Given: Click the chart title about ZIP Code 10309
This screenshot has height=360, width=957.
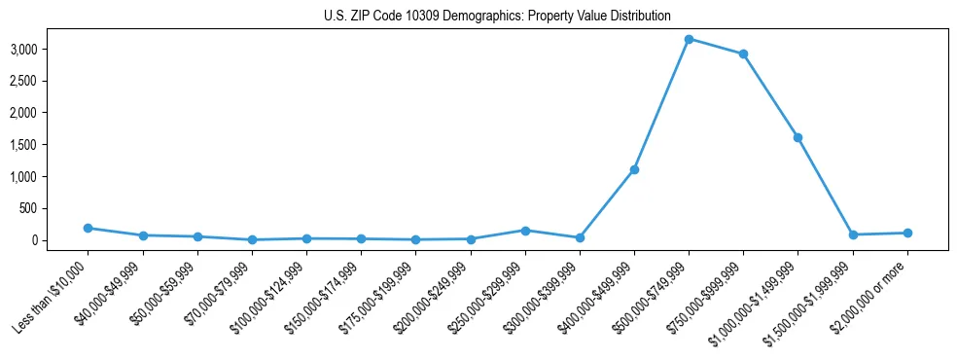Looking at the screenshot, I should pyautogui.click(x=497, y=17).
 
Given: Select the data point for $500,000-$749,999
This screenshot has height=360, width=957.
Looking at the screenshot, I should pyautogui.click(x=689, y=39).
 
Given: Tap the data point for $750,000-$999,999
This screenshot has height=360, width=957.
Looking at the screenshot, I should pyautogui.click(x=743, y=54).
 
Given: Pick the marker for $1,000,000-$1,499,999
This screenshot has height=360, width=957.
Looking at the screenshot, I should pyautogui.click(x=797, y=137).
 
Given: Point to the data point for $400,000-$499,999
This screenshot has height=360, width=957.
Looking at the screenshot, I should pyautogui.click(x=634, y=169).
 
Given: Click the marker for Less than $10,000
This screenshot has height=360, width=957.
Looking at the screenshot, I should pyautogui.click(x=89, y=228).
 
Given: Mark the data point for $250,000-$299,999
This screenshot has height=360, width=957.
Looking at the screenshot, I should pyautogui.click(x=525, y=231).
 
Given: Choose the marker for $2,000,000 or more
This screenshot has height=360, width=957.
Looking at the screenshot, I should pyautogui.click(x=906, y=233).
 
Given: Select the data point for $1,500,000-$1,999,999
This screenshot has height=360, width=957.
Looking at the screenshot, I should pyautogui.click(x=852, y=234).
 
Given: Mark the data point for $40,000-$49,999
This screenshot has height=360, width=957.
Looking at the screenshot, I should pyautogui.click(x=143, y=235).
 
